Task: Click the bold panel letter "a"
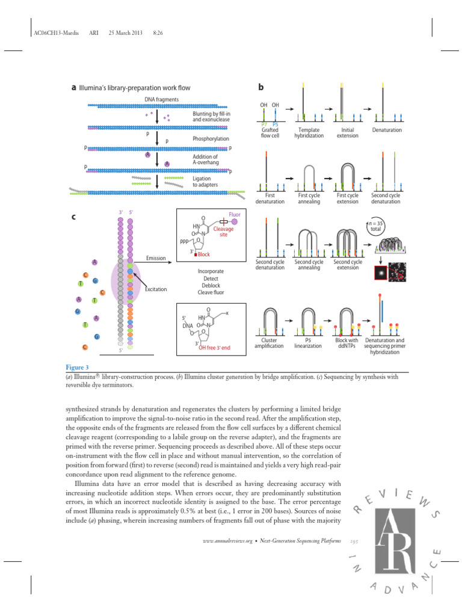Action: pyautogui.click(x=74, y=87)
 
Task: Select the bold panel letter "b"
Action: pyautogui.click(x=261, y=87)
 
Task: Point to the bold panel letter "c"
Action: pyautogui.click(x=74, y=218)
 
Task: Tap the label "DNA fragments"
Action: pyautogui.click(x=161, y=99)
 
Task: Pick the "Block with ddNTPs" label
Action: pyautogui.click(x=346, y=343)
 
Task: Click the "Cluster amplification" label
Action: pyautogui.click(x=269, y=343)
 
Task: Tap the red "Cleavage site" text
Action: pyautogui.click(x=224, y=232)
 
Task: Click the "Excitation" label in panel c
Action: pyautogui.click(x=156, y=289)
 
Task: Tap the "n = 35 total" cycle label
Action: pyautogui.click(x=378, y=227)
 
